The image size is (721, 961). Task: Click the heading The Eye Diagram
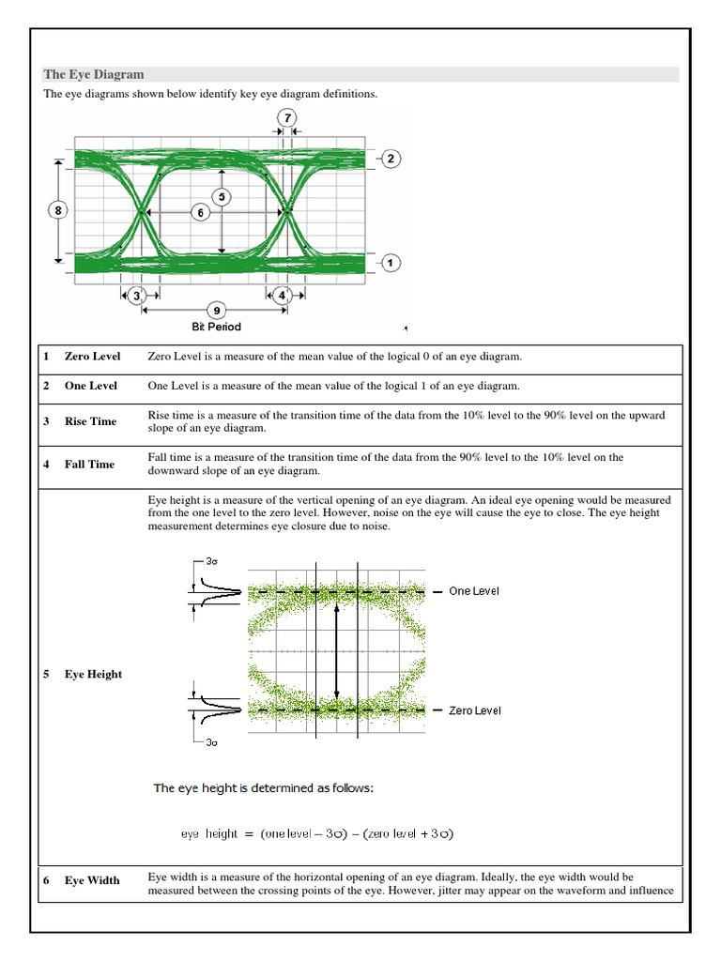pyautogui.click(x=94, y=74)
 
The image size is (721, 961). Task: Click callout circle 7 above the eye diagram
pyautogui.click(x=287, y=117)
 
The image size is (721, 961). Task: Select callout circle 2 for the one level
pyautogui.click(x=391, y=159)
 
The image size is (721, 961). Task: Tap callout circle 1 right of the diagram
pyautogui.click(x=391, y=264)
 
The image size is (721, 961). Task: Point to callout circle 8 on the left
pyautogui.click(x=58, y=211)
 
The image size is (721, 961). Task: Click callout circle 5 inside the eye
pyautogui.click(x=222, y=197)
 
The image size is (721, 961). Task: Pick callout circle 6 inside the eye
pyautogui.click(x=199, y=213)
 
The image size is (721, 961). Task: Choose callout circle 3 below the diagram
pyautogui.click(x=138, y=296)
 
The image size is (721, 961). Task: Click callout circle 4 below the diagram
pyautogui.click(x=283, y=296)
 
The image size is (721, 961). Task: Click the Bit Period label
pyautogui.click(x=217, y=327)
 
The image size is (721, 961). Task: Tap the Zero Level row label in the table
pyautogui.click(x=92, y=357)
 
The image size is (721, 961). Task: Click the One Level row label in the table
pyautogui.click(x=90, y=386)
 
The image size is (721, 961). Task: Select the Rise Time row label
pyautogui.click(x=90, y=421)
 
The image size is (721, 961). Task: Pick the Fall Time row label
pyautogui.click(x=89, y=465)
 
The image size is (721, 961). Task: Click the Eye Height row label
pyautogui.click(x=93, y=674)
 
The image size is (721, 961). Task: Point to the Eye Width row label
pyautogui.click(x=92, y=880)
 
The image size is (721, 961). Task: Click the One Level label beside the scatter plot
pyautogui.click(x=474, y=591)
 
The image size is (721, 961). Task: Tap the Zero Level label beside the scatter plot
pyautogui.click(x=474, y=710)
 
